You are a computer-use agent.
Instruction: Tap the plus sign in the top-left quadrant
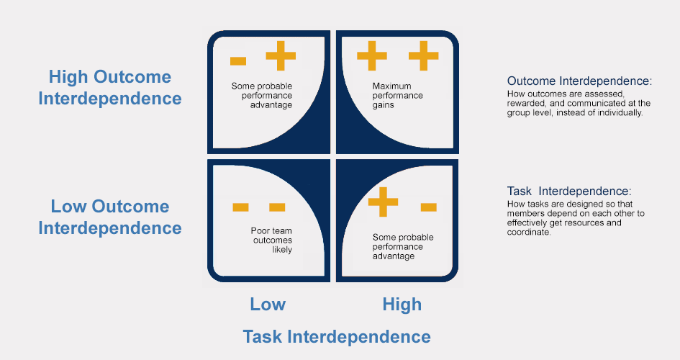[281, 56]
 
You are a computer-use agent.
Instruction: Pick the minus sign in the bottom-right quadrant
[428, 207]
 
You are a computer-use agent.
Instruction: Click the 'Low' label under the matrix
[268, 304]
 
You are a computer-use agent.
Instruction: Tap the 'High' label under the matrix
[402, 304]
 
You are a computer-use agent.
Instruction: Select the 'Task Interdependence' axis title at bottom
[337, 336]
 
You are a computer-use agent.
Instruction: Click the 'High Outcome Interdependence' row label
[110, 88]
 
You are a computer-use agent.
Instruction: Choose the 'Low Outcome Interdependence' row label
[110, 217]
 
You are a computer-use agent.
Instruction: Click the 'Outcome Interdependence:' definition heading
[579, 81]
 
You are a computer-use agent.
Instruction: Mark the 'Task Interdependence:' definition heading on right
[568, 191]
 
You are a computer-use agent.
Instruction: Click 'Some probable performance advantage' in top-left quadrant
[261, 95]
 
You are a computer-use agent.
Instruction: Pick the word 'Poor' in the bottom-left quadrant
[261, 231]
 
